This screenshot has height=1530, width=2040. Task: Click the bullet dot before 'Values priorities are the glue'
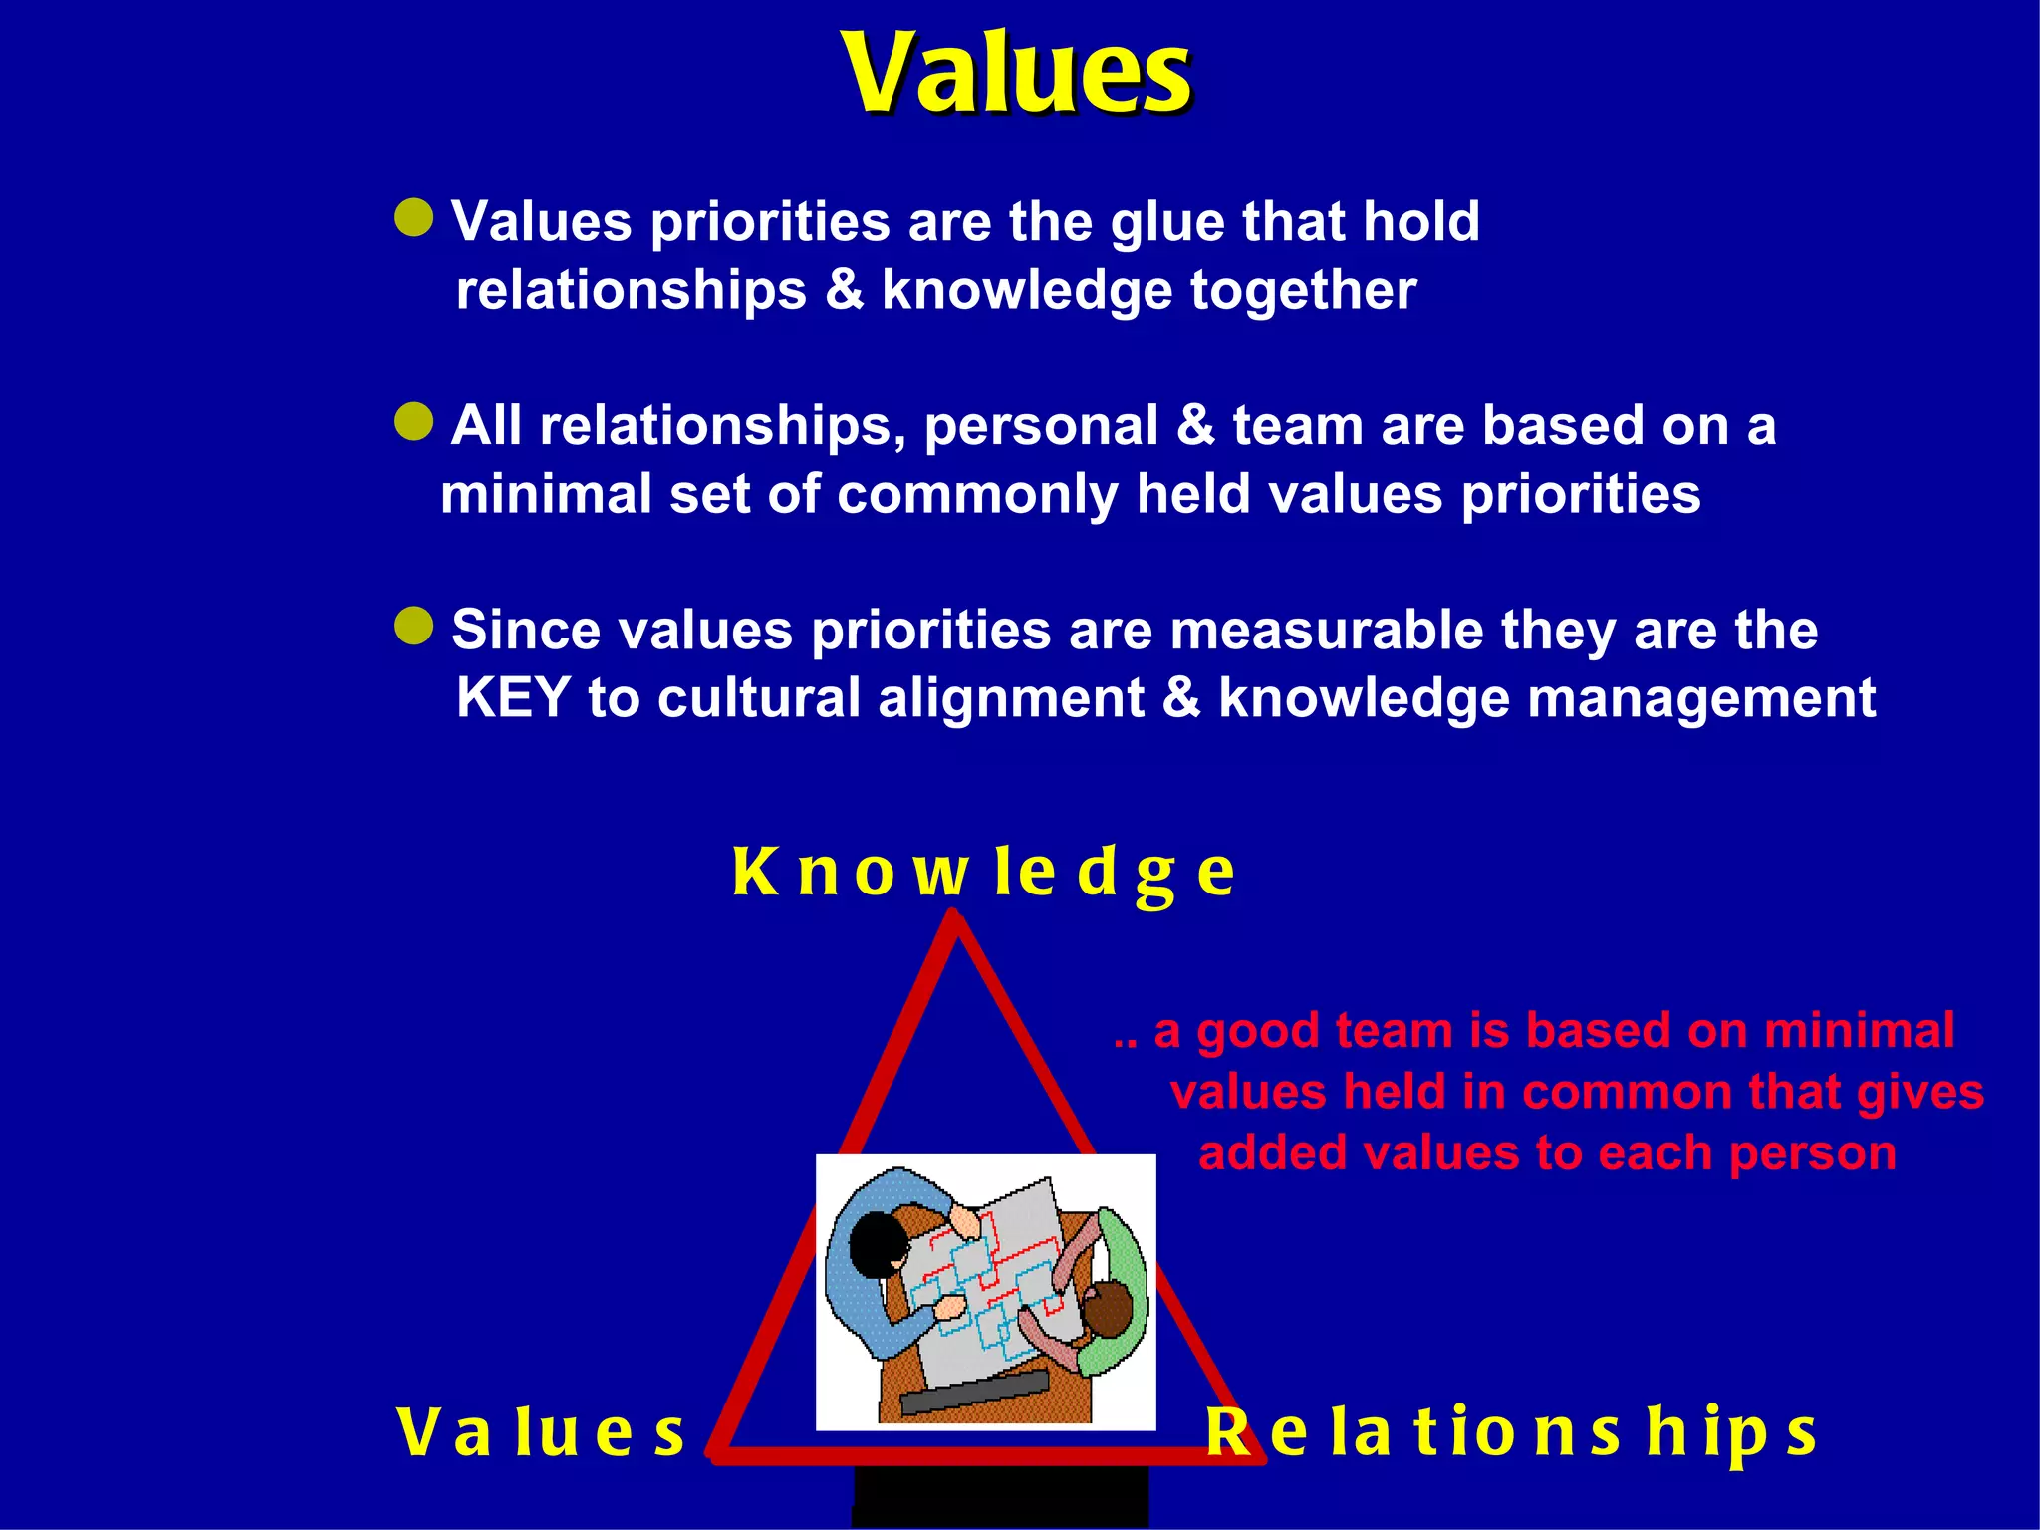tap(414, 217)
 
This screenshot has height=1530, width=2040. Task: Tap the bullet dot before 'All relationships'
tap(414, 422)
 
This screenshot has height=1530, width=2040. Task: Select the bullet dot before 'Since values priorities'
tap(414, 627)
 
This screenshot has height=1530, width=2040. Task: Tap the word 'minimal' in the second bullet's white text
tap(545, 494)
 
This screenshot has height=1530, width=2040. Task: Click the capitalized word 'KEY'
tap(513, 698)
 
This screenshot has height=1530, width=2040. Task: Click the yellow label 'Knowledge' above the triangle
tap(983, 873)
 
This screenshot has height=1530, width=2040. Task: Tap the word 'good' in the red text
tap(1257, 1032)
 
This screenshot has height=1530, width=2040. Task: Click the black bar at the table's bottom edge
tap(974, 1392)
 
